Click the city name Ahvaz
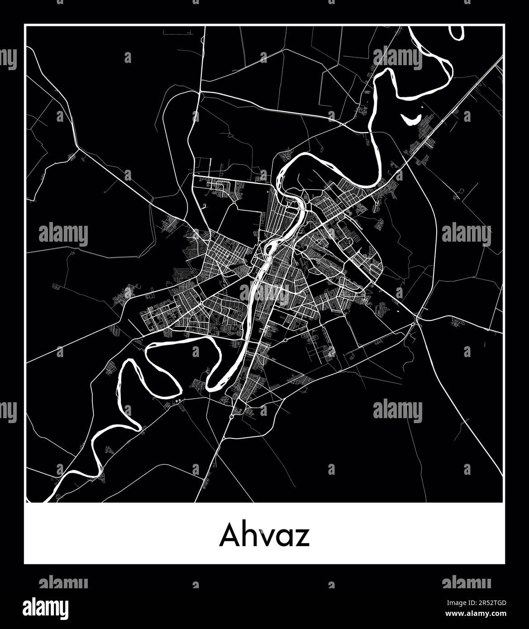click(264, 536)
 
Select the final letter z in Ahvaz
click(302, 538)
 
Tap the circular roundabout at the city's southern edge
click(232, 415)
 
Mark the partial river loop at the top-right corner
click(456, 33)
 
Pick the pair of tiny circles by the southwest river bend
click(178, 400)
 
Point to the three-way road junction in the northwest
click(79, 148)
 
